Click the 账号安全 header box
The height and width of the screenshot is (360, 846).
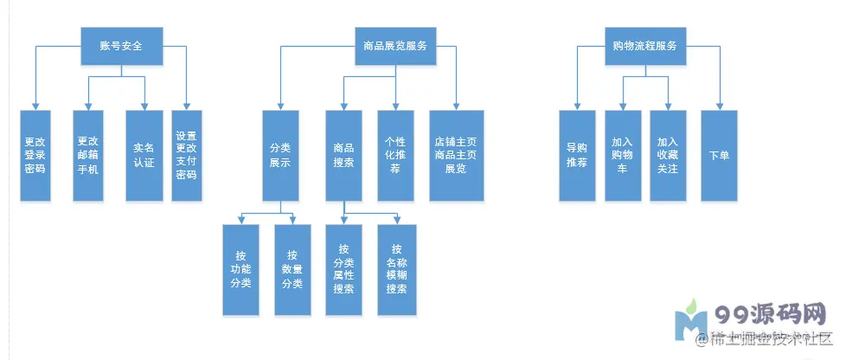(121, 45)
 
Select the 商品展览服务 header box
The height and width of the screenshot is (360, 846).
(395, 45)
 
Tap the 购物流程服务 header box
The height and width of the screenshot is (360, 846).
(644, 45)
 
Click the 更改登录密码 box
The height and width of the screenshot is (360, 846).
(35, 156)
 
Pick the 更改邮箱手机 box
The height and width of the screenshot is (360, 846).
(88, 156)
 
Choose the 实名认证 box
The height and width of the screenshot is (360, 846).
(143, 156)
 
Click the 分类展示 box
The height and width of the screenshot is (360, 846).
(279, 156)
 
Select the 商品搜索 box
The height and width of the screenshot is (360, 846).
(343, 156)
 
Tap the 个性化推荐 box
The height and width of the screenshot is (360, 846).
(395, 156)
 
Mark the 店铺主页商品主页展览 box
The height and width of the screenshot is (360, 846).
(456, 156)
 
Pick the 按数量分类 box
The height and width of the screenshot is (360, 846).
(292, 269)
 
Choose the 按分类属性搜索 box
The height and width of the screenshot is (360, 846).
(343, 269)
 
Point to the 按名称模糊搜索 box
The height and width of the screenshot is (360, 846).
(396, 269)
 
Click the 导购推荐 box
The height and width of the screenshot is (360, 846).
(577, 156)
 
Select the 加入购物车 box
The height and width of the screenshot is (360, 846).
(623, 156)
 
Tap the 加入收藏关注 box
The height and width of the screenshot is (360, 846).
(668, 156)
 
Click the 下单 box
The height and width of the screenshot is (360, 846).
(719, 156)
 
